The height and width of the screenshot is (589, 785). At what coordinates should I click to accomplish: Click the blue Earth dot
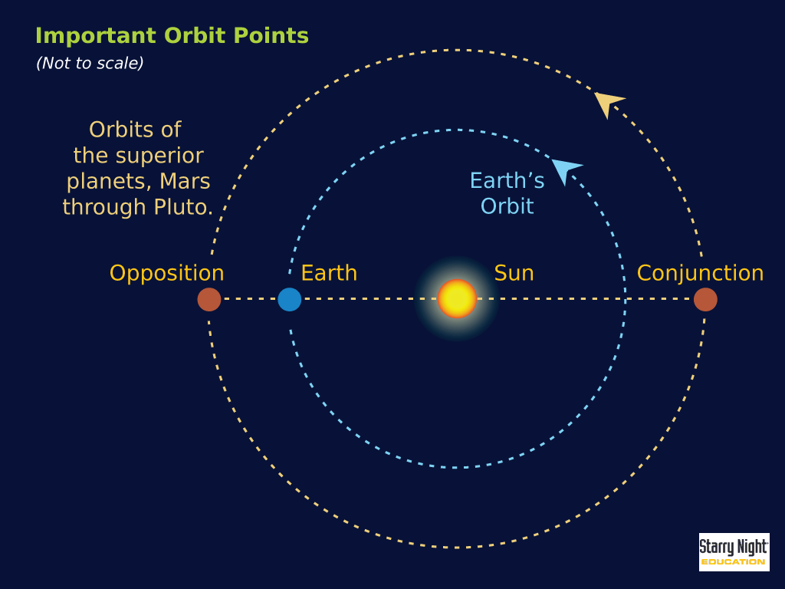click(289, 299)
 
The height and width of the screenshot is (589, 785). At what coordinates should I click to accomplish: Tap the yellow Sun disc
click(457, 298)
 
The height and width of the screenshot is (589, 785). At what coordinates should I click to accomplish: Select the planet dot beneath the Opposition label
click(209, 299)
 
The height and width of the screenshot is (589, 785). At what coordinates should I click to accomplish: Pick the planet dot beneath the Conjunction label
click(705, 299)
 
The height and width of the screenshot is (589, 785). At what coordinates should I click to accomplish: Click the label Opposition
click(166, 274)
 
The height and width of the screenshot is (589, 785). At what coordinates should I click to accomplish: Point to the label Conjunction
click(700, 273)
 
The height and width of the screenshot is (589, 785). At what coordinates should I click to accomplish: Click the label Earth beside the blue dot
click(329, 273)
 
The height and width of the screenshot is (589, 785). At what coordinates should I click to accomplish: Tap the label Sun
click(514, 273)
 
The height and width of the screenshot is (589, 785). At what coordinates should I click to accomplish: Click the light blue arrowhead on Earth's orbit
click(566, 169)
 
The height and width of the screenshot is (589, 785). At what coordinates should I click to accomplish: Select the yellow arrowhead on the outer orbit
click(608, 102)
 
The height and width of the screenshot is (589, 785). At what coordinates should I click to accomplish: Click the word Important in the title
click(96, 36)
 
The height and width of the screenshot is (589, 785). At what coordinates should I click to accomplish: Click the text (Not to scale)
click(90, 63)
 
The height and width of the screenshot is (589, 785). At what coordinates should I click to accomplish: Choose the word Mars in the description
click(185, 181)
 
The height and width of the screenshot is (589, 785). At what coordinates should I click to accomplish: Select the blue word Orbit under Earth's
click(507, 206)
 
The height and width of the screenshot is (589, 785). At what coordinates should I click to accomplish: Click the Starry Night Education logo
click(734, 552)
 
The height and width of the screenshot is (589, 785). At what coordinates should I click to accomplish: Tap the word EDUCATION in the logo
click(733, 562)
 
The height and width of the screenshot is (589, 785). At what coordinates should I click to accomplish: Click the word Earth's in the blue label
click(507, 181)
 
